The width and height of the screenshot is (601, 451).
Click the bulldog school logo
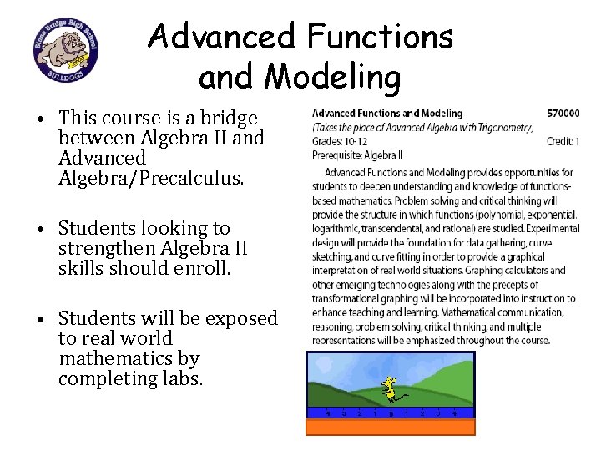click(65, 51)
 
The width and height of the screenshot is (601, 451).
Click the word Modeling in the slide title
click(332, 77)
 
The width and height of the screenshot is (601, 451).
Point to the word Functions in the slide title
click(380, 36)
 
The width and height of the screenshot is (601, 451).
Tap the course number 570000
click(564, 113)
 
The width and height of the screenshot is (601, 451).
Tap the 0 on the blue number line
click(391, 413)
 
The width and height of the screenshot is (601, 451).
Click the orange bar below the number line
click(390, 427)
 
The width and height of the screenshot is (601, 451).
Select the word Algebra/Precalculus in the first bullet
click(152, 177)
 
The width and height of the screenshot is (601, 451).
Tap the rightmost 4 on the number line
click(454, 413)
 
